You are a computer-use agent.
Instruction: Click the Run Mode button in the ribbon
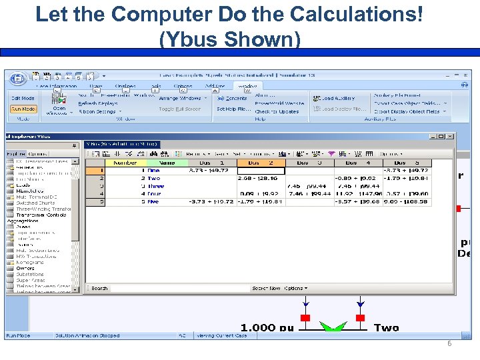23,109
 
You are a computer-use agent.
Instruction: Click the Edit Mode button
23,99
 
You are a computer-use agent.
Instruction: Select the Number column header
125,163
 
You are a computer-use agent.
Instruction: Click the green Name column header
167,163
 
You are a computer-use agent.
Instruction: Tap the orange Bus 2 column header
262,163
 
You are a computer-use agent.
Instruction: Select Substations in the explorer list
30,274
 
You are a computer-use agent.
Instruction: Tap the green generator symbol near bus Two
333,326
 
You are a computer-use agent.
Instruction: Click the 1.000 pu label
267,327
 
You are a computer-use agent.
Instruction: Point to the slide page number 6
449,343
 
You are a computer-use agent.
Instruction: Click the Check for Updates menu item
276,112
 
